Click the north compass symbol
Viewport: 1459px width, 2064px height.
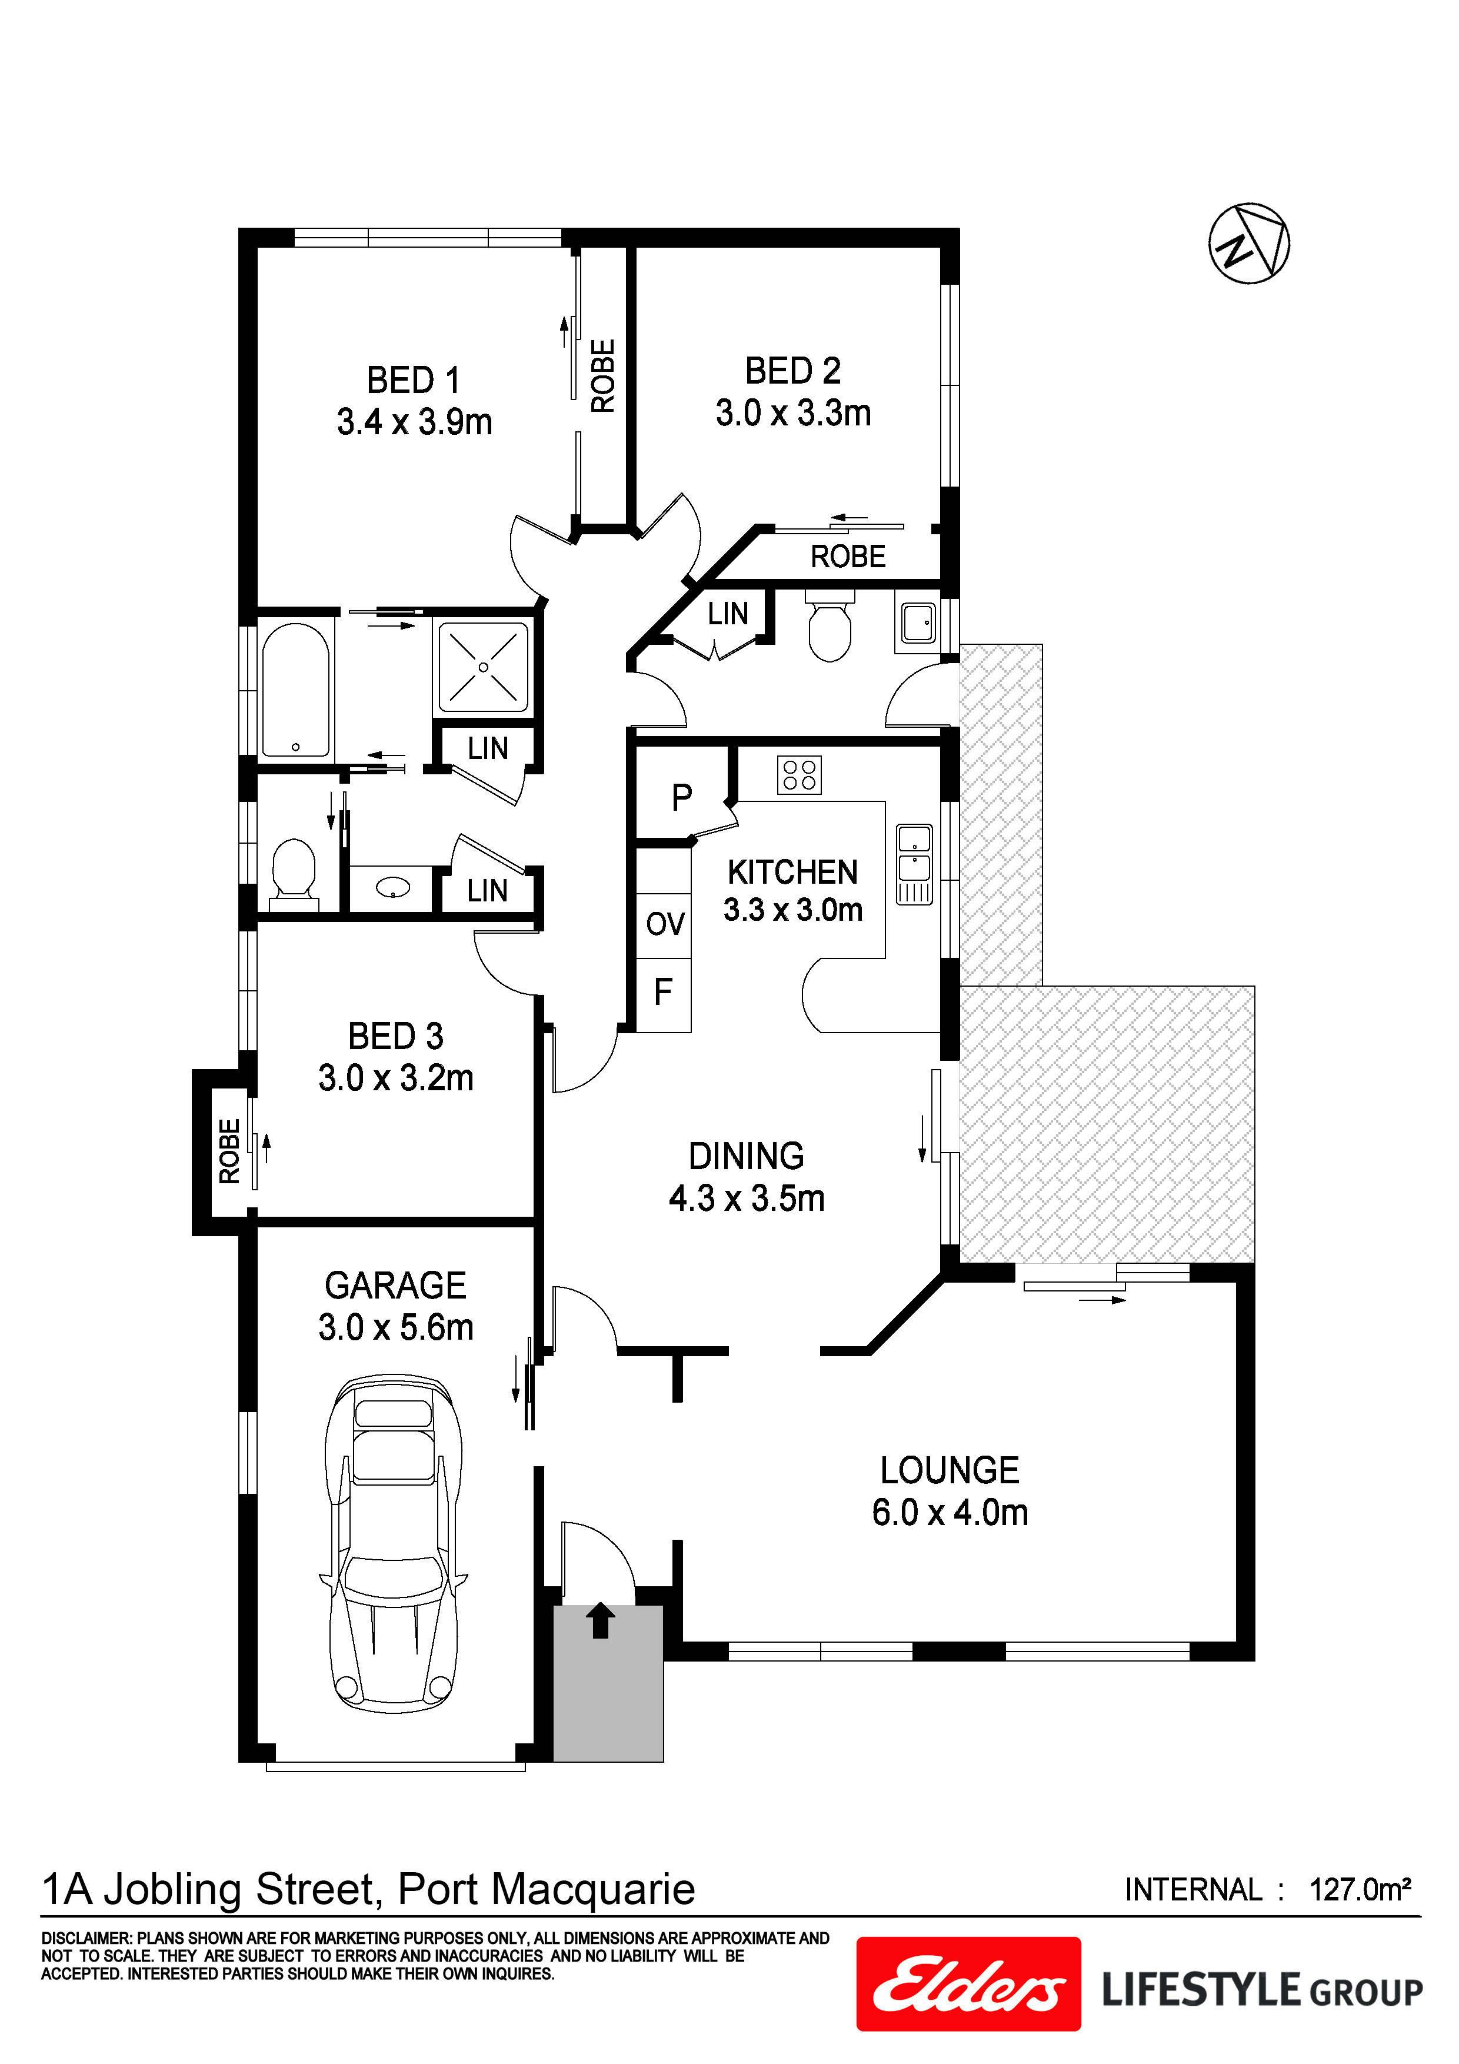1248,244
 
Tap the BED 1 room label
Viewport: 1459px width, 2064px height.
414,380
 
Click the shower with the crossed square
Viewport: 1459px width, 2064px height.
484,667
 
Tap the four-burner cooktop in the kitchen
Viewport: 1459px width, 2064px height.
798,775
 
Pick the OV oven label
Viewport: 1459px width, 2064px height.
665,924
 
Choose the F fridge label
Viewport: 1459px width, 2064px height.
664,993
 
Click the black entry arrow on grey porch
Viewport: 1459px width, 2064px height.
601,1621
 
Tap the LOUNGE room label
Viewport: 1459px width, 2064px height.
950,1472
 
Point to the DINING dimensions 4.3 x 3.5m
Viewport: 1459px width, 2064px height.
746,1199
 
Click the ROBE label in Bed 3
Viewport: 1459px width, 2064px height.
229,1151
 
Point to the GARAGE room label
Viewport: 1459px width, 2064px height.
395,1286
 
